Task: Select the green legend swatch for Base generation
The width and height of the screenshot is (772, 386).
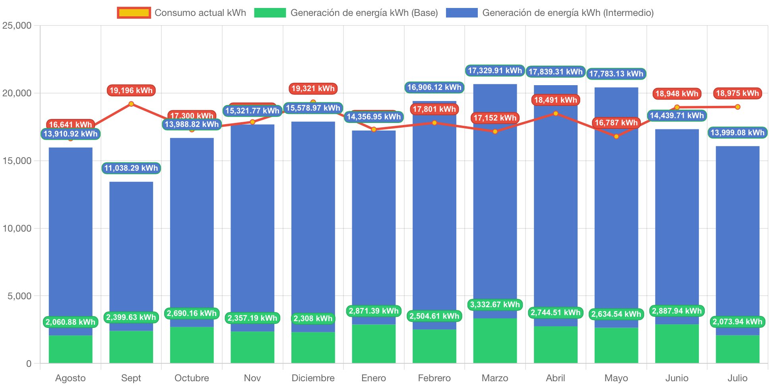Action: (270, 13)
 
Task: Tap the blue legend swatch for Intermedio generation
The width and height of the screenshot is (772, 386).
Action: (462, 13)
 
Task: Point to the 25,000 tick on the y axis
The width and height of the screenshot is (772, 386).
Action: (17, 25)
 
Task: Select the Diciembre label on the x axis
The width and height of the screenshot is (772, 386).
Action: (313, 378)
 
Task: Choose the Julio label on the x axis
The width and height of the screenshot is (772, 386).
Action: (737, 378)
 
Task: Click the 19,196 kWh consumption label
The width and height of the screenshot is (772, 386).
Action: (131, 90)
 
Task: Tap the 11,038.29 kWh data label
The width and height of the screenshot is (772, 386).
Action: (131, 168)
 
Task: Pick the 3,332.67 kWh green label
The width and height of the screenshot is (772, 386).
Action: (495, 304)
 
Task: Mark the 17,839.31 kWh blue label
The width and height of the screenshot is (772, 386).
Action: (555, 72)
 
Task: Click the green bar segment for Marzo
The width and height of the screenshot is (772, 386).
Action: (495, 341)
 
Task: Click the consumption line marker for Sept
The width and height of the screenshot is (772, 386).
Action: (131, 104)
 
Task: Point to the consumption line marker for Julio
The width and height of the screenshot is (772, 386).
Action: (737, 107)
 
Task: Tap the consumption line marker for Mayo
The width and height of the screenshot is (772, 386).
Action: (616, 136)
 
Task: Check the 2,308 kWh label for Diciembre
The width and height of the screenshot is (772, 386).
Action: (313, 318)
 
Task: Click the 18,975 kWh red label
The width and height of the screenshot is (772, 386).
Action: (737, 93)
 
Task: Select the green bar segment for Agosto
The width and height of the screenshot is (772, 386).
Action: (70, 349)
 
